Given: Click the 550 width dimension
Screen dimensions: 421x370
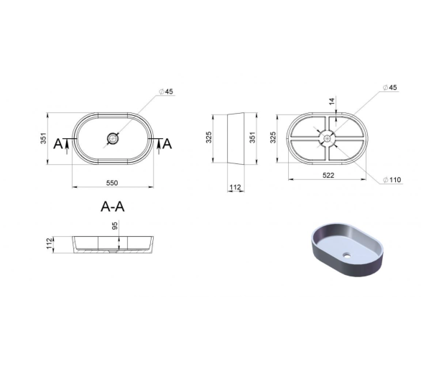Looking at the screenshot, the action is pyautogui.click(x=111, y=183).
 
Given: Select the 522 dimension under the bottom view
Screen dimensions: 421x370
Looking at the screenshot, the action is pyautogui.click(x=328, y=176).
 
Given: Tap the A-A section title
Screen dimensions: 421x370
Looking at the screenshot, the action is pyautogui.click(x=113, y=207).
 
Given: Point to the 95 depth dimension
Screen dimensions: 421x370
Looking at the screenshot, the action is pyautogui.click(x=115, y=225).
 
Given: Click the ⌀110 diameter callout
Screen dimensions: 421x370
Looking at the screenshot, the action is pyautogui.click(x=392, y=179).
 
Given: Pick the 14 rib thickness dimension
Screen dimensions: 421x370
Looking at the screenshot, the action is pyautogui.click(x=332, y=101).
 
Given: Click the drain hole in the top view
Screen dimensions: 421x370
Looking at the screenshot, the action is pyautogui.click(x=112, y=139).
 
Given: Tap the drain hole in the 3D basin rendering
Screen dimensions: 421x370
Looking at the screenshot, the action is pyautogui.click(x=347, y=255).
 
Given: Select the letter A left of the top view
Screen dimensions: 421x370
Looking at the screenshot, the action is pyautogui.click(x=58, y=144).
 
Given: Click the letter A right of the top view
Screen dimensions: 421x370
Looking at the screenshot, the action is pyautogui.click(x=167, y=144).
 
